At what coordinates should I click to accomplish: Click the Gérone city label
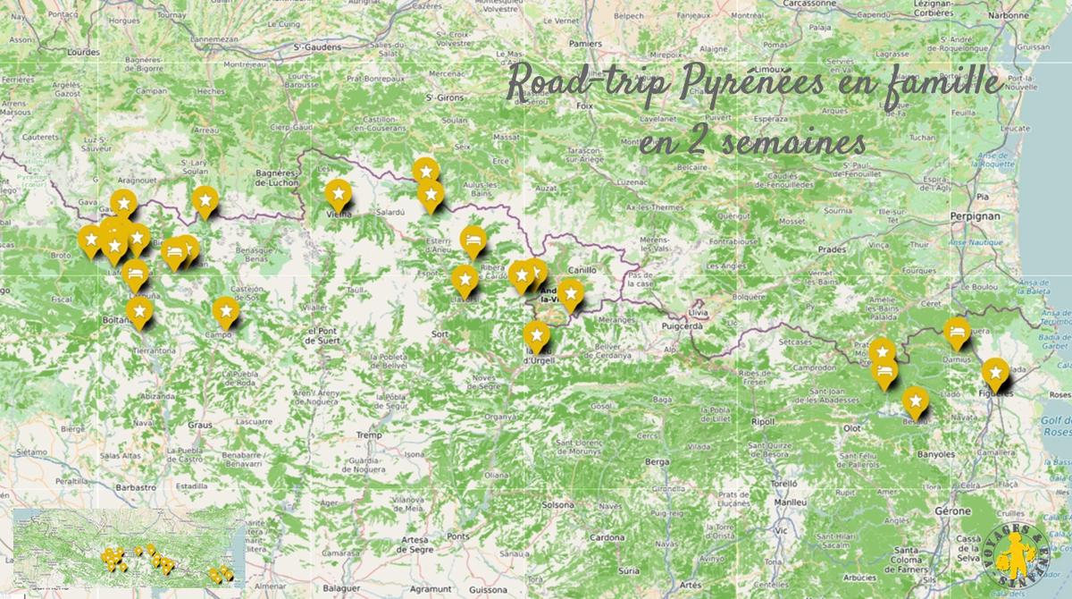(x=953, y=510)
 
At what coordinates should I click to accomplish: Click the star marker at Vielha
(x=337, y=192)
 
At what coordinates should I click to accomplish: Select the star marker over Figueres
(x=994, y=371)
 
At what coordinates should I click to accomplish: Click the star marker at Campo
(x=225, y=310)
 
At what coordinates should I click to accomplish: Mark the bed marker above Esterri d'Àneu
(x=473, y=239)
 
